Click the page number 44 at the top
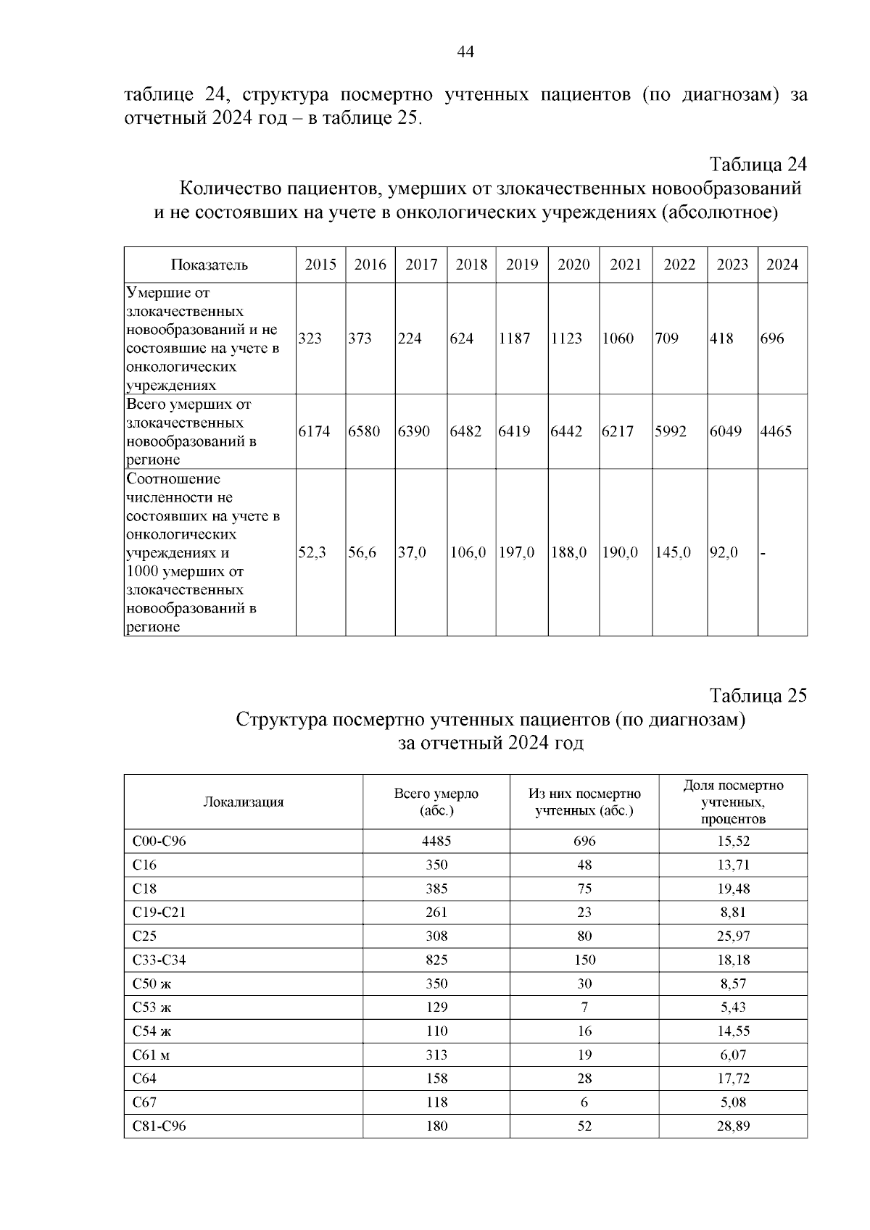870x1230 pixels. pyautogui.click(x=465, y=51)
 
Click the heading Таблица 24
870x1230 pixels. pyautogui.click(x=758, y=164)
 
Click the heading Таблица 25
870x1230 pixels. pyautogui.click(x=758, y=696)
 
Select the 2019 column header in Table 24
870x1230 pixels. pyautogui.click(x=522, y=265)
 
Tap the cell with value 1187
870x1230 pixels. pyautogui.click(x=515, y=338)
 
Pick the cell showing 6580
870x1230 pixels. pyautogui.click(x=364, y=431)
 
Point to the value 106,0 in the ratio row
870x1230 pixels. pyautogui.click(x=468, y=552)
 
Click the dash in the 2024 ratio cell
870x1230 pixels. pyautogui.click(x=763, y=552)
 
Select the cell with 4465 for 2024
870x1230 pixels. pyautogui.click(x=776, y=431)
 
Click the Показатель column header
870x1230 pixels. pyautogui.click(x=210, y=265)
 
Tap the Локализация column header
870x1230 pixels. pyautogui.click(x=243, y=802)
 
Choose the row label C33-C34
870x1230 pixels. pyautogui.click(x=159, y=960)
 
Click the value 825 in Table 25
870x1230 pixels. pyautogui.click(x=436, y=960)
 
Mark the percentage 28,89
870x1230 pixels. pyautogui.click(x=734, y=1126)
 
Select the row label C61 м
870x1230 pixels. pyautogui.click(x=151, y=1055)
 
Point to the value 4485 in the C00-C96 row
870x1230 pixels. pyautogui.click(x=436, y=841)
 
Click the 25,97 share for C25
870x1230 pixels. pyautogui.click(x=734, y=936)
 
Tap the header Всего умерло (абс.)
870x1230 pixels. pyautogui.click(x=436, y=802)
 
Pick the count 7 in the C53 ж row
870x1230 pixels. pyautogui.click(x=584, y=1007)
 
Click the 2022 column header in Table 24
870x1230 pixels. pyautogui.click(x=679, y=265)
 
